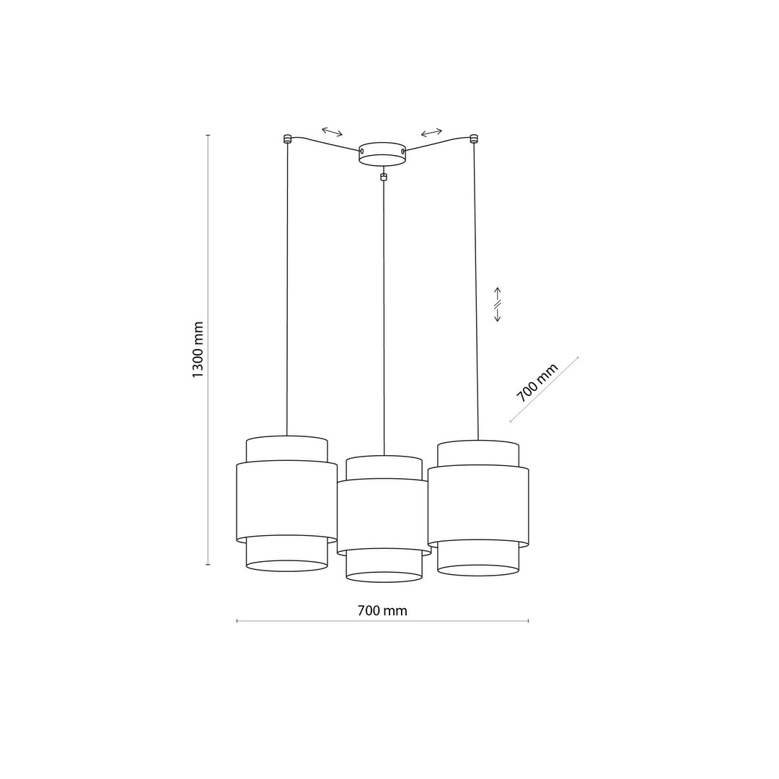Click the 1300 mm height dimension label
(198, 349)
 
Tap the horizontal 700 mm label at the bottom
(382, 611)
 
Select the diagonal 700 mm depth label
(537, 382)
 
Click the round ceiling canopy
(382, 153)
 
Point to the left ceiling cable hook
(286, 138)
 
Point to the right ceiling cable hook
(473, 138)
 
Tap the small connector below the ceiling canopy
(382, 177)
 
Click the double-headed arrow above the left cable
(332, 132)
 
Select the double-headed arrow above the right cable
(431, 132)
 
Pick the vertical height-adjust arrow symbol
(497, 304)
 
